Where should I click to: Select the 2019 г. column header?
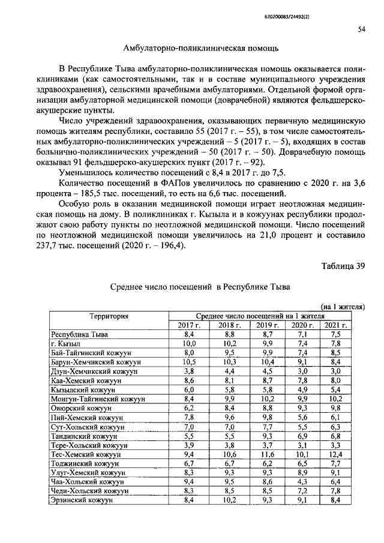(x=268, y=325)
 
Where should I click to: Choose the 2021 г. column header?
(x=335, y=325)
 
